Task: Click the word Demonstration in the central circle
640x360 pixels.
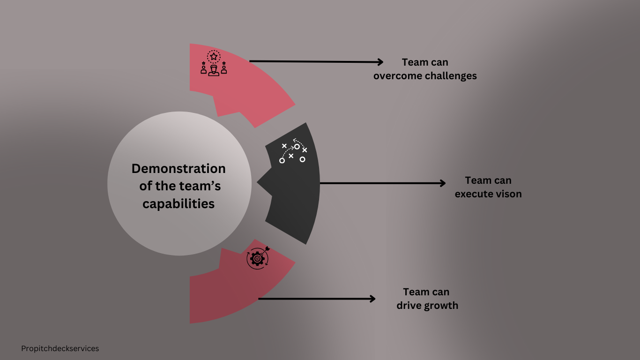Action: (x=179, y=169)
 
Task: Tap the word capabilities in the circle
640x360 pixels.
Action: (x=179, y=204)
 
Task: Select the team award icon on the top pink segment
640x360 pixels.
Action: (x=214, y=64)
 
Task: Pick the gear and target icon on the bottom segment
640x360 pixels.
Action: (x=258, y=257)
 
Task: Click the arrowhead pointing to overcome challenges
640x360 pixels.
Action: (x=380, y=62)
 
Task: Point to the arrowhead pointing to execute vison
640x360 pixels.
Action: (x=442, y=183)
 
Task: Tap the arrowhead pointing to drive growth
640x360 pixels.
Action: (x=372, y=299)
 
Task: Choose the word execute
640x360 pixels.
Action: (x=472, y=194)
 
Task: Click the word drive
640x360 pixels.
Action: (x=409, y=306)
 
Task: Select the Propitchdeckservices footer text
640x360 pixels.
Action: (x=60, y=349)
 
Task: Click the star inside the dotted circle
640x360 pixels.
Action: (x=214, y=57)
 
